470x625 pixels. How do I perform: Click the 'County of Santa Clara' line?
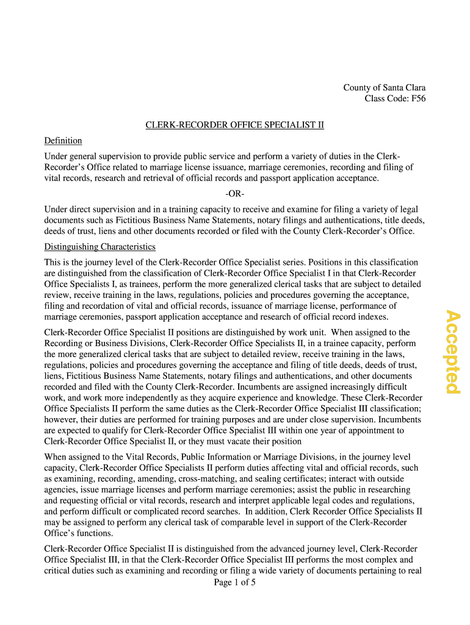384,88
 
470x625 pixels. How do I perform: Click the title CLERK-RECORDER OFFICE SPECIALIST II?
234,125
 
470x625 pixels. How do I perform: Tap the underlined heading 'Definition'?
63,141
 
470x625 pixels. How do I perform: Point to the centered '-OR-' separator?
234,194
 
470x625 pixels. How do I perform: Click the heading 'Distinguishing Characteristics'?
99,247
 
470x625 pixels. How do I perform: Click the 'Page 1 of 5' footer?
234,582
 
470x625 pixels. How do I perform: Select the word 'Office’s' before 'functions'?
61,533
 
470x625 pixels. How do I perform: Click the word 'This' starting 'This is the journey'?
53,262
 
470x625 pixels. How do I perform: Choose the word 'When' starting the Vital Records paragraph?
56,457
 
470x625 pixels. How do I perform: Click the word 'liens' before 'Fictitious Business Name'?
54,376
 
